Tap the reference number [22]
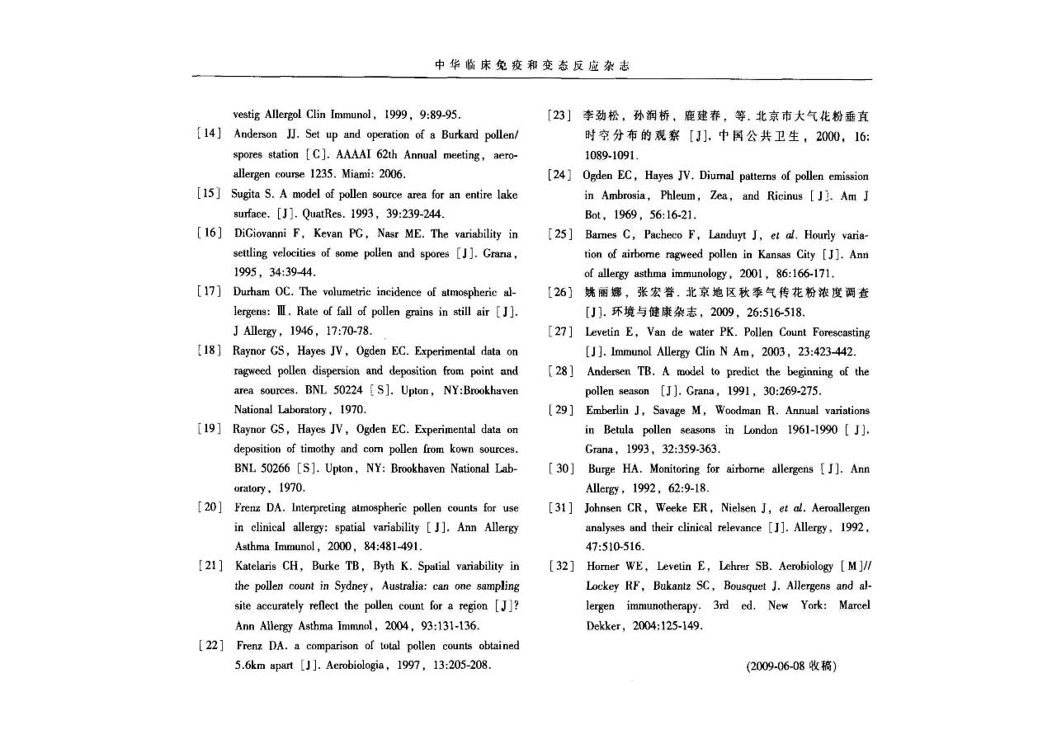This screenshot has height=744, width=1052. pyautogui.click(x=209, y=646)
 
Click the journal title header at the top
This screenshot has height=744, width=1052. pyautogui.click(x=532, y=66)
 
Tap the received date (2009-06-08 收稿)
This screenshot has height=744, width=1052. pyautogui.click(x=791, y=666)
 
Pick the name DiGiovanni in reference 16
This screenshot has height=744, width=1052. pyautogui.click(x=263, y=233)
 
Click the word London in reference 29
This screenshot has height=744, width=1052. pyautogui.click(x=760, y=430)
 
